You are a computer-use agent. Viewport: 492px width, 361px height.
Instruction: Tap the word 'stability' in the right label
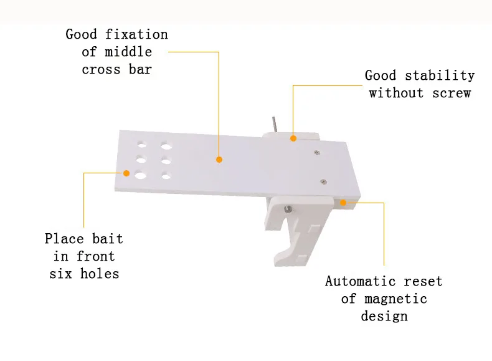440,75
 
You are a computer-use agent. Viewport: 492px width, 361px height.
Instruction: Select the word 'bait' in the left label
108,238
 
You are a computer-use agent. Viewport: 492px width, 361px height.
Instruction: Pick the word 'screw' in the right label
454,93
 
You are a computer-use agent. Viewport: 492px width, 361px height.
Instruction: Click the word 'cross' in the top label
101,69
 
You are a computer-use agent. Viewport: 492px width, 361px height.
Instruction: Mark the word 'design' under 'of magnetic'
384,316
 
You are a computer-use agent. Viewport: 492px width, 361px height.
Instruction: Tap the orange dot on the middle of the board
219,160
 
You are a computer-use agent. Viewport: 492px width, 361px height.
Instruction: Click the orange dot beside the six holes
126,173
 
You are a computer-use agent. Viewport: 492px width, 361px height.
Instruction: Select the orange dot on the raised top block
293,139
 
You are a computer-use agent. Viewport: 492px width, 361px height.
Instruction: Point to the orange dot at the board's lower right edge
343,202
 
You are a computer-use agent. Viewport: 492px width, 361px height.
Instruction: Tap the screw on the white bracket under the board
287,209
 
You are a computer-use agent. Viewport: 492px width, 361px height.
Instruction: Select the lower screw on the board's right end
323,181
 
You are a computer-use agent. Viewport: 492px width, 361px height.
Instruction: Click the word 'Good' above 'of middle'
82,34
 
